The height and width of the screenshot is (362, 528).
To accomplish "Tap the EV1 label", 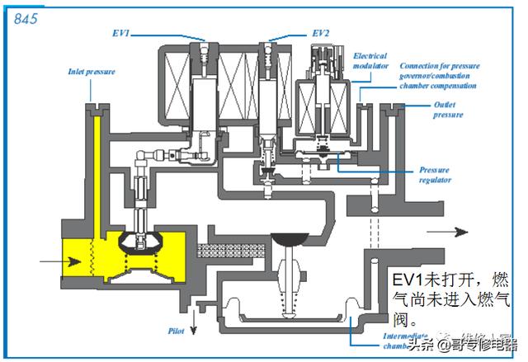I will [x=121, y=33].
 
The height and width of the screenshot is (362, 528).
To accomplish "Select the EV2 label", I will [x=319, y=33].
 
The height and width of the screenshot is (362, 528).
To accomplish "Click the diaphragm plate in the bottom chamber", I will [x=289, y=318].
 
